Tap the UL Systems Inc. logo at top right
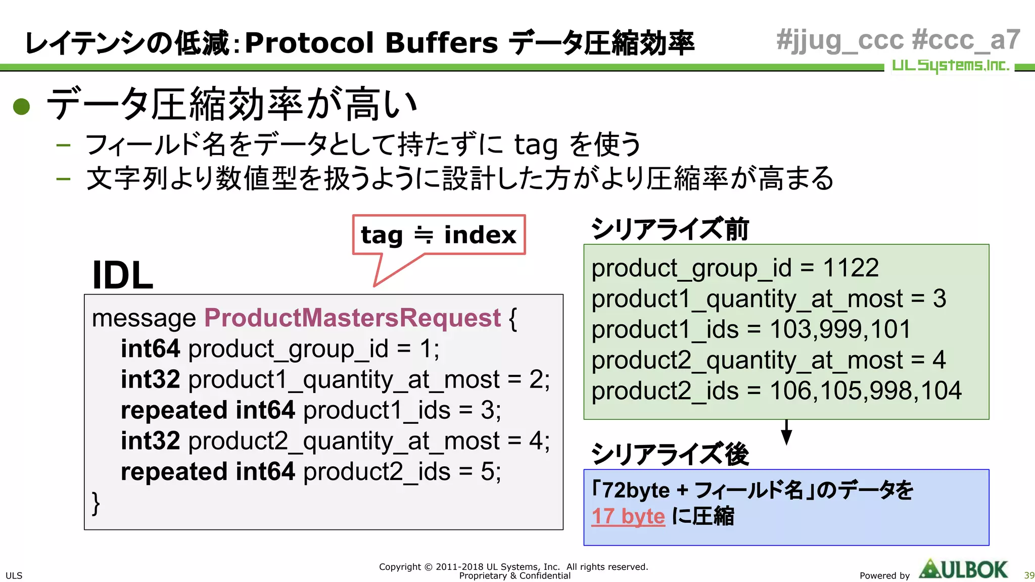[950, 66]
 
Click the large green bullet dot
[22, 106]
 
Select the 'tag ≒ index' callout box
[439, 235]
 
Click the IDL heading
[122, 275]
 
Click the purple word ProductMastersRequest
[352, 318]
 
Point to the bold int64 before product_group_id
[150, 349]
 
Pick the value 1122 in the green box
[851, 268]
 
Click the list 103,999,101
[840, 329]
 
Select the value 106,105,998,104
[865, 391]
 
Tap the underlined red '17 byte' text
[628, 516]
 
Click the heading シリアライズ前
[670, 229]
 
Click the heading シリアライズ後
[670, 454]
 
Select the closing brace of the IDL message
[96, 503]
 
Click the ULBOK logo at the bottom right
[964, 569]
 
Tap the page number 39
[1029, 575]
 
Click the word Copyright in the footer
[400, 567]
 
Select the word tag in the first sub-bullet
[536, 145]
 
